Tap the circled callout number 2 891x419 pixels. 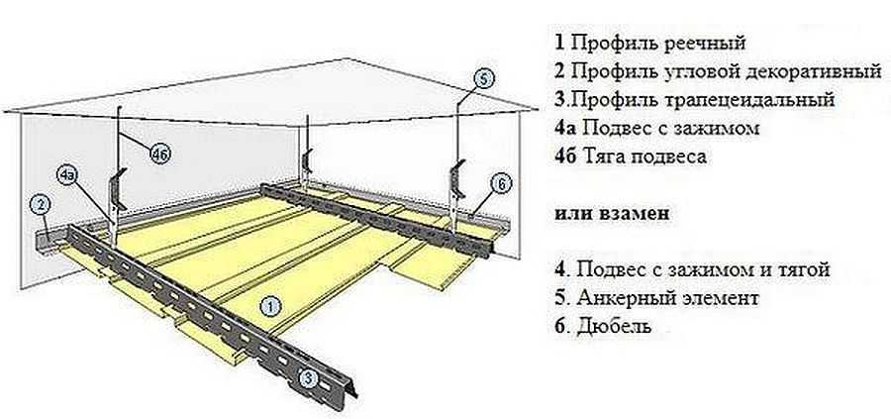pyautogui.click(x=41, y=205)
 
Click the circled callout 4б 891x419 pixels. pyautogui.click(x=159, y=154)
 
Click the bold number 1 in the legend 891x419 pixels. pyautogui.click(x=559, y=43)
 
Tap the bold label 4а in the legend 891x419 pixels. pyautogui.click(x=565, y=128)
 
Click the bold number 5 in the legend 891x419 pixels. pyautogui.click(x=559, y=297)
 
